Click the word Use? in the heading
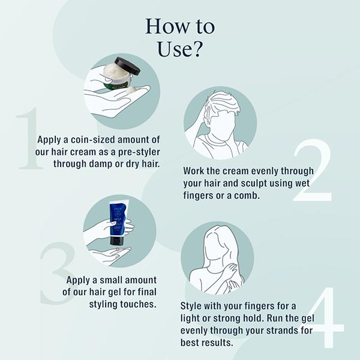pos(180,49)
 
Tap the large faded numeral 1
pos(30,138)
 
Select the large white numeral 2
pos(313,170)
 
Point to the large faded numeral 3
pos(58,273)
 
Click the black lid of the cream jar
pos(127,66)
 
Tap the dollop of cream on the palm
pos(131,89)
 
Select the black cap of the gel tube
pos(117,240)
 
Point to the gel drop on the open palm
pos(118,249)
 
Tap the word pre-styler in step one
pos(139,152)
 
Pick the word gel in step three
pos(115,292)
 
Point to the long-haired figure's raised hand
pos(230,271)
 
